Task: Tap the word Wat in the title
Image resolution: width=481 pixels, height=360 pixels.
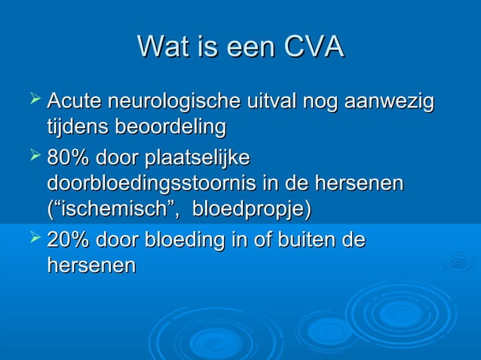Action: click(x=161, y=47)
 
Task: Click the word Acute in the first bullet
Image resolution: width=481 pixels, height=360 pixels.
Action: click(x=75, y=102)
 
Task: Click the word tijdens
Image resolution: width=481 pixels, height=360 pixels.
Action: click(x=77, y=127)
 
